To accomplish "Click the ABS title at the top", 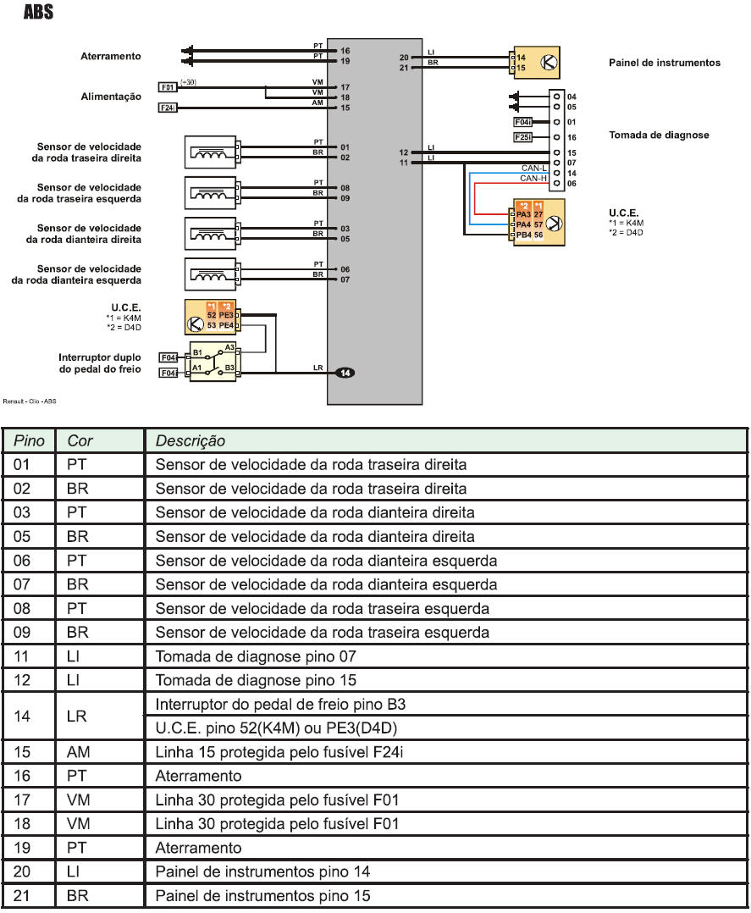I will pyautogui.click(x=38, y=13).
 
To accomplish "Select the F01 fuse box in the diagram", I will pyautogui.click(x=168, y=86).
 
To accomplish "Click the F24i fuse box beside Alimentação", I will pyautogui.click(x=168, y=108).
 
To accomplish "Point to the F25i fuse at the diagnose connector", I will pyautogui.click(x=523, y=137).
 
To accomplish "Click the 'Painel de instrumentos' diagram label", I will pyautogui.click(x=664, y=63).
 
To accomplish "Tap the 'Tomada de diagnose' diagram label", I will pyautogui.click(x=659, y=135).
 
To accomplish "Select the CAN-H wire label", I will pyautogui.click(x=533, y=178).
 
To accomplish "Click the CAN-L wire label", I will pyautogui.click(x=533, y=169).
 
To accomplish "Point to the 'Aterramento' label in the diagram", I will pyautogui.click(x=110, y=57).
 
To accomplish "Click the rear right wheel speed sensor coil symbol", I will pyautogui.click(x=210, y=152).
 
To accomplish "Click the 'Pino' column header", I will pyautogui.click(x=30, y=440).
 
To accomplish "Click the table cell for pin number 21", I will pyautogui.click(x=23, y=895).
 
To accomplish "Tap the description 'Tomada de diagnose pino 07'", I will pyautogui.click(x=255, y=656).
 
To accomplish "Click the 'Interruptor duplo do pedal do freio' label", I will pyautogui.click(x=100, y=363).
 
